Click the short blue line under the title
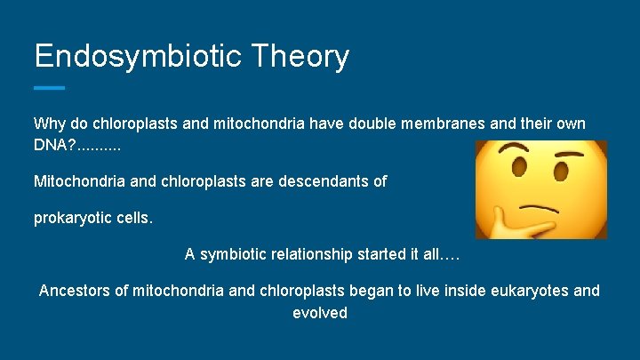click(49, 87)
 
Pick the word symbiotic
click(235, 254)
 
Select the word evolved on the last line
click(320, 313)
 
